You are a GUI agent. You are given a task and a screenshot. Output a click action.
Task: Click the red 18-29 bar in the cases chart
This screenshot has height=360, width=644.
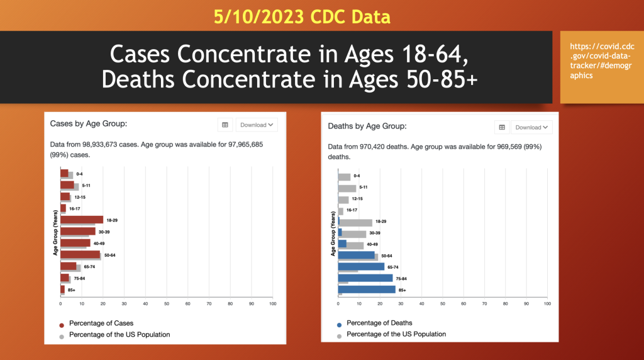[82, 220]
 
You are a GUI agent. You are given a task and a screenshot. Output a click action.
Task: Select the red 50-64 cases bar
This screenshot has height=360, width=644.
[80, 254]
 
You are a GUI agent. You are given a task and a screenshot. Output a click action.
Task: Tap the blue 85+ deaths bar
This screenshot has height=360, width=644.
[367, 290]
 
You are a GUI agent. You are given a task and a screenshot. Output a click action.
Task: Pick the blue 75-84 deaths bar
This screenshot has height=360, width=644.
[365, 278]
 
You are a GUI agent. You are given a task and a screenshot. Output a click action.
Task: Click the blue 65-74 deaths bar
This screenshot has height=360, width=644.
[361, 266]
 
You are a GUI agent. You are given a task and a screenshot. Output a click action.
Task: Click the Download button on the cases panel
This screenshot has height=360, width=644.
[256, 125]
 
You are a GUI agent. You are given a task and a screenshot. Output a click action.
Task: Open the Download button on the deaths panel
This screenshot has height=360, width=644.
[531, 127]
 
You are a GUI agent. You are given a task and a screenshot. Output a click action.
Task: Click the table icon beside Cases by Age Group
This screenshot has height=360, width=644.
[225, 125]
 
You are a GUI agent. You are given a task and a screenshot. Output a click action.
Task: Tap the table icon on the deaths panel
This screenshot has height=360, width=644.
[502, 127]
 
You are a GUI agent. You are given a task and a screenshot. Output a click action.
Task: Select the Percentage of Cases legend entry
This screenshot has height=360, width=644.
[101, 323]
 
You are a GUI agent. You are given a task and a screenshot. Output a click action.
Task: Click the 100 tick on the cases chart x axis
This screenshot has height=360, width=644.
[272, 303]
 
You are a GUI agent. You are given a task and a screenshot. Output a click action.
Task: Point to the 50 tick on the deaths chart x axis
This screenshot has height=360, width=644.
[443, 303]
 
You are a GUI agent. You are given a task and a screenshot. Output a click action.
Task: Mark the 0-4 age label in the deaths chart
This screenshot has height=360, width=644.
[357, 176]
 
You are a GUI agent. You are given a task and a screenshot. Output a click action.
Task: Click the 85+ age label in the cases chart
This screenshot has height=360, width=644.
[72, 290]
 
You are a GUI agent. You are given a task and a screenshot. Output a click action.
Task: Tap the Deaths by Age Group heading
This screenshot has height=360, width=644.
[367, 127]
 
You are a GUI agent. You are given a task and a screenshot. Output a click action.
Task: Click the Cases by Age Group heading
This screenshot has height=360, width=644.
[89, 124]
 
